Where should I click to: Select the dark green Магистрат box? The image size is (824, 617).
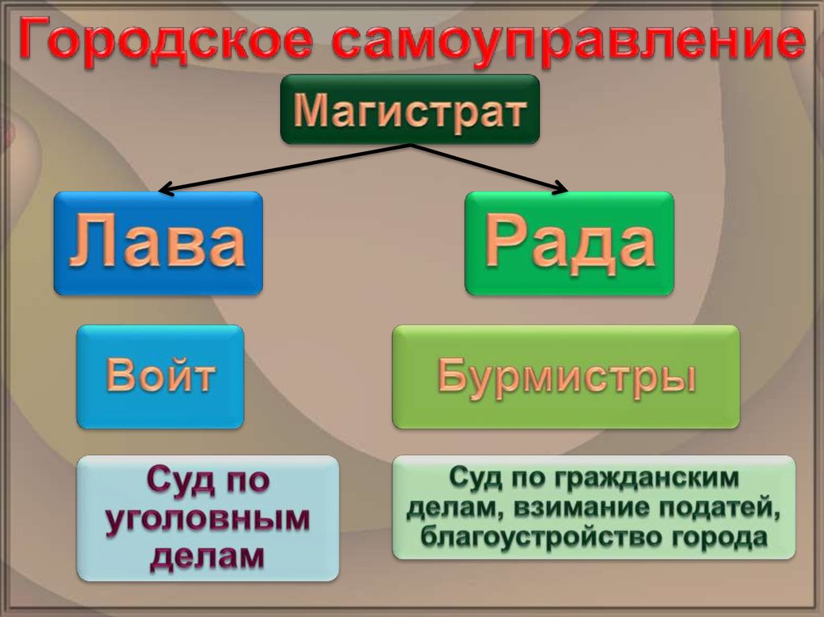coord(410,109)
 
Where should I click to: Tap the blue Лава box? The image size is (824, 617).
coord(158,243)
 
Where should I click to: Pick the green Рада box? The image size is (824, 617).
coord(570,243)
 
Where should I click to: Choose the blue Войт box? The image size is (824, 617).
coord(160,376)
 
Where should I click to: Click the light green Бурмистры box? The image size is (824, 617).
coord(566,376)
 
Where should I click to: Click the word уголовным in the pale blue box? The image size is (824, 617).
coord(207,518)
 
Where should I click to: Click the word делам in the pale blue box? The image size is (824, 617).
coord(207,554)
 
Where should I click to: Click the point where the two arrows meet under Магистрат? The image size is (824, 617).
coord(411,146)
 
